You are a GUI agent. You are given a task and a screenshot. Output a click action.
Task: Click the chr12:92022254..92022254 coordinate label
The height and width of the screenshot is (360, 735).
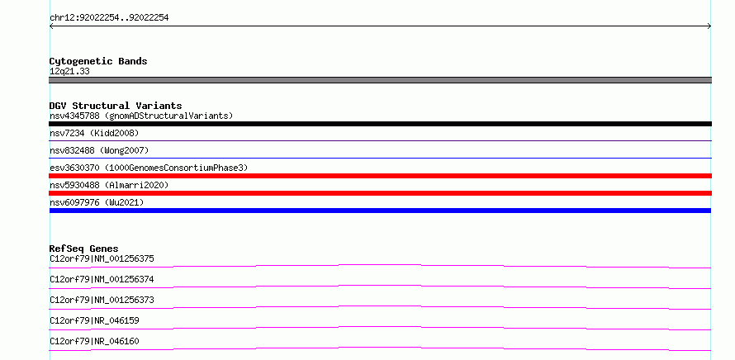tap(109, 18)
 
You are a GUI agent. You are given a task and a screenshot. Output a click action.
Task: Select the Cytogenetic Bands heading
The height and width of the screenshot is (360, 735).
tap(98, 61)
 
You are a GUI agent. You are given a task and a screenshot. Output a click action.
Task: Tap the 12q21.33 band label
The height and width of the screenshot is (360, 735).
tap(69, 72)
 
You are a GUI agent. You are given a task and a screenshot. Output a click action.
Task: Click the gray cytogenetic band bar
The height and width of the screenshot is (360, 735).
tap(380, 80)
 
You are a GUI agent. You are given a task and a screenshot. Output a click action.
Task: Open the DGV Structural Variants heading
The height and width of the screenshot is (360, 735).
tap(116, 106)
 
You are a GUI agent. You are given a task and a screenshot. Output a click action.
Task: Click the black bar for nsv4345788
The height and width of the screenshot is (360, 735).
tap(380, 124)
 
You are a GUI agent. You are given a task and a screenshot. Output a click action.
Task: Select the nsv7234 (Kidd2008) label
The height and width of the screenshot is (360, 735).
tap(94, 133)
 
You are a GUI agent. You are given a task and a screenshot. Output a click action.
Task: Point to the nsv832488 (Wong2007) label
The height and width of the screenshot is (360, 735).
tap(99, 150)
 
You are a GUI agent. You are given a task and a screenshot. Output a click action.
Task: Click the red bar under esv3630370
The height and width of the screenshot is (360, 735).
tap(380, 176)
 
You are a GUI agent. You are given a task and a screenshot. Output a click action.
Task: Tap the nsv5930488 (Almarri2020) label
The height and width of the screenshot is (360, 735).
tap(109, 185)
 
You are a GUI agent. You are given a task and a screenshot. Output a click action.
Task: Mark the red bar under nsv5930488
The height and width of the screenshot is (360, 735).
tap(380, 193)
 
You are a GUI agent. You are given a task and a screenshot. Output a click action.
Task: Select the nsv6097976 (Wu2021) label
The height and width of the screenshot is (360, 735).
tap(97, 202)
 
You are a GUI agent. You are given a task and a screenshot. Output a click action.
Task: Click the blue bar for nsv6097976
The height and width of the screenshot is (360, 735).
tap(380, 211)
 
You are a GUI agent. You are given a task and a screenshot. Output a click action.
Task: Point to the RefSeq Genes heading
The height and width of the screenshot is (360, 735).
tap(84, 249)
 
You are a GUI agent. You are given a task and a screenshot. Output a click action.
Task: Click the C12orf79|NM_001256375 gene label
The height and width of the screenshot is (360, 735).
tap(102, 258)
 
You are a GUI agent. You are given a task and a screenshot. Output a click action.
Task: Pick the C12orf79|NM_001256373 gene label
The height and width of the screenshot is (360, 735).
tap(102, 300)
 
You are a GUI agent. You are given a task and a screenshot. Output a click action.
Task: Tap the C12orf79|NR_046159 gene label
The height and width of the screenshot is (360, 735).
tap(94, 320)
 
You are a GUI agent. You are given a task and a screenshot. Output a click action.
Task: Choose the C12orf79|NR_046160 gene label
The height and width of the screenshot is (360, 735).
tap(94, 341)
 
